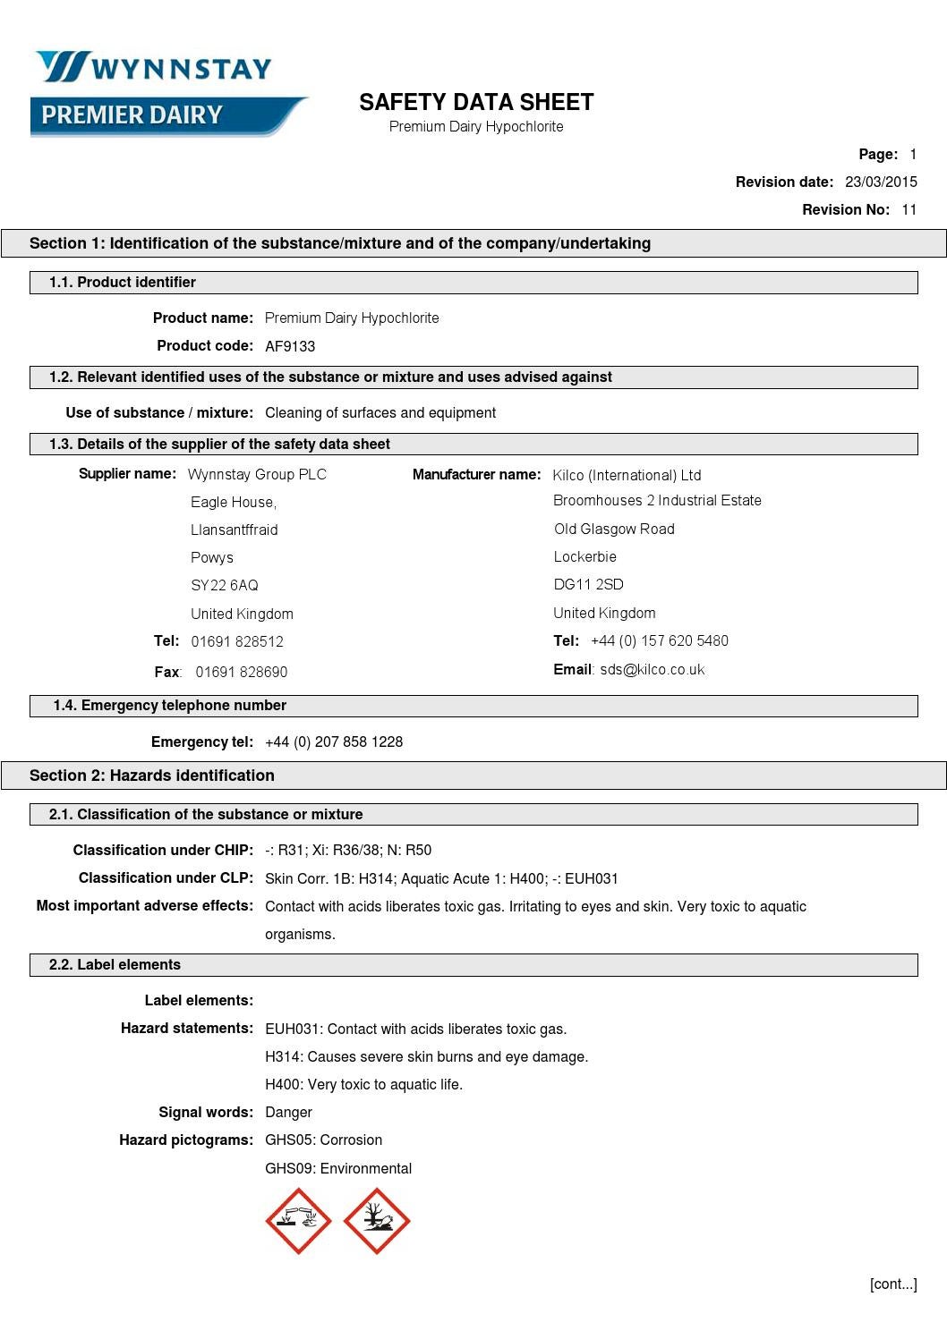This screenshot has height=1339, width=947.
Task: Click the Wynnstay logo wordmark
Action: [x=154, y=68]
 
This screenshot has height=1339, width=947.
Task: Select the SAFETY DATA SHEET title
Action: [x=476, y=102]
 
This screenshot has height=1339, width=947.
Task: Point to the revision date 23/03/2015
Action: [x=881, y=182]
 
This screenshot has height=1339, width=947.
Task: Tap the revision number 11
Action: [x=909, y=209]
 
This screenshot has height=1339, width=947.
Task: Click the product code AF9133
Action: [x=290, y=346]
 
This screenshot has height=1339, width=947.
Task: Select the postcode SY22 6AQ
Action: [x=225, y=585]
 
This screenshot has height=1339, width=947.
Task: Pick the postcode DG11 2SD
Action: [x=588, y=584]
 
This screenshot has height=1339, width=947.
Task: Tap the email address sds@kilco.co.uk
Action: [x=652, y=669]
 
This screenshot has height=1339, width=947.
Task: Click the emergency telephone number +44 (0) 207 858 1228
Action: [x=334, y=742]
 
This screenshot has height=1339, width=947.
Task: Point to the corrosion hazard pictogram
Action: [x=298, y=1221]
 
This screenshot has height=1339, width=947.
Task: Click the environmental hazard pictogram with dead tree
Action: [x=377, y=1221]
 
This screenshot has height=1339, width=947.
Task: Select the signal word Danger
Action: [x=288, y=1112]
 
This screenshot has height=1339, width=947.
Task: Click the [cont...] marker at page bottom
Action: [x=892, y=1284]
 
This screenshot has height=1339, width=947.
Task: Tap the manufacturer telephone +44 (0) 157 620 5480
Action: [x=660, y=640]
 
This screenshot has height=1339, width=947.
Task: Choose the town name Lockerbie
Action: [x=584, y=556]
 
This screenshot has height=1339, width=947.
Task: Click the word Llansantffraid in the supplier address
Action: [x=234, y=530]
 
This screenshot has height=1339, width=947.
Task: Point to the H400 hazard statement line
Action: [x=363, y=1084]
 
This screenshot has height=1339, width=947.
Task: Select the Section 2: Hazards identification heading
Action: [x=152, y=775]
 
